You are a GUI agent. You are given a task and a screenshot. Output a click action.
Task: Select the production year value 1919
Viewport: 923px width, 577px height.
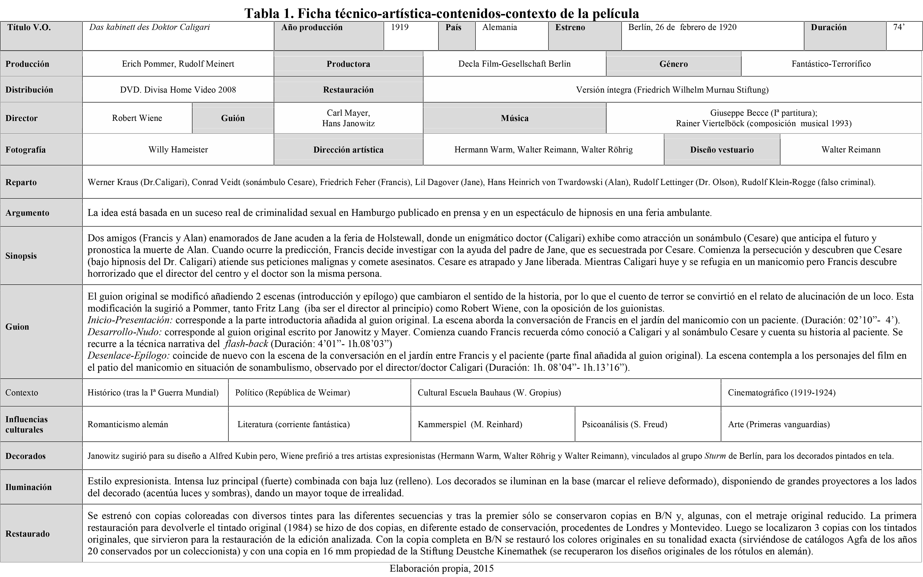[x=400, y=28]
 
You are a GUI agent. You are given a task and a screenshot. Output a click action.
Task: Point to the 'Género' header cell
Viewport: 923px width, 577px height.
[x=673, y=64]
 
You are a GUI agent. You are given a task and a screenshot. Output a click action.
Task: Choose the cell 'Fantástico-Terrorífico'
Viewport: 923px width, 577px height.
[x=831, y=64]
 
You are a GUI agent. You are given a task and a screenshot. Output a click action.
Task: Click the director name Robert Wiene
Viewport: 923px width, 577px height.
[x=137, y=118]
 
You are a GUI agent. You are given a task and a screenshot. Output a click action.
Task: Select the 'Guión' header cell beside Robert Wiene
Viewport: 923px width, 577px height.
[x=233, y=118]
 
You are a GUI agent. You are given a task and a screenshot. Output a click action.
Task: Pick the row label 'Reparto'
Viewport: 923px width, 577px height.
[x=21, y=182]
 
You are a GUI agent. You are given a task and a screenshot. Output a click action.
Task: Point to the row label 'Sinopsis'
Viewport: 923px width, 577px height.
[x=21, y=256]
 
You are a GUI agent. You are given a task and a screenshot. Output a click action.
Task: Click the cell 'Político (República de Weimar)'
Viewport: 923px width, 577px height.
[x=292, y=393]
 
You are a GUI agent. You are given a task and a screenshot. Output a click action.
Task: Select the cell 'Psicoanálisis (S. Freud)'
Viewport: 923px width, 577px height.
[x=624, y=424]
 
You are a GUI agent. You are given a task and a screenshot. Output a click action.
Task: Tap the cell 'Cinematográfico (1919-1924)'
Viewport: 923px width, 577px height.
[x=781, y=393]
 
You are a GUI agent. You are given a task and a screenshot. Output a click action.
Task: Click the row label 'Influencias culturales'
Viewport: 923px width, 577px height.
[x=26, y=424]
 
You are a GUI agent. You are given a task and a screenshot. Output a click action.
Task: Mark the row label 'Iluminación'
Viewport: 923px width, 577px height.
[x=28, y=487]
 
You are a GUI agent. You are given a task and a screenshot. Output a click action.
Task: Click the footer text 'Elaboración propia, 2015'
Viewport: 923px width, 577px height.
[x=441, y=569]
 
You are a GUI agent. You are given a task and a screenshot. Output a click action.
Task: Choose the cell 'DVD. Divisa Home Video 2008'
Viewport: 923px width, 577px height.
[x=178, y=90]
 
